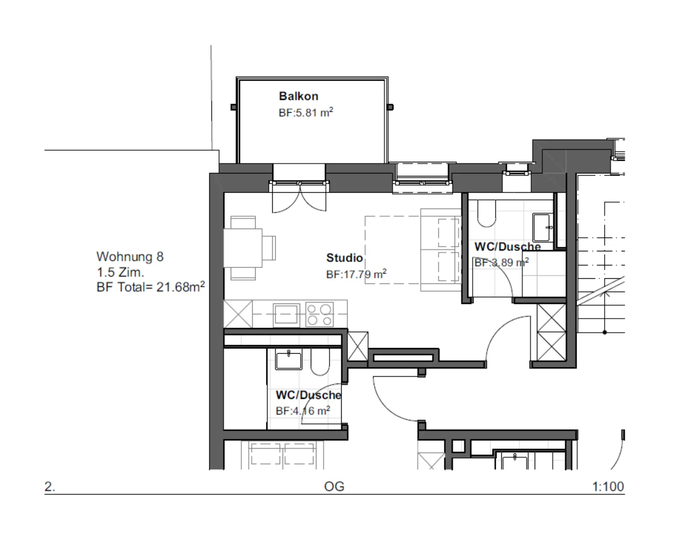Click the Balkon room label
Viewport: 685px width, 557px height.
pyautogui.click(x=298, y=96)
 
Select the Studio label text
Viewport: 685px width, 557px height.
pyautogui.click(x=345, y=258)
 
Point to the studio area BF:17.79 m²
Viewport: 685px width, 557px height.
pyautogui.click(x=356, y=274)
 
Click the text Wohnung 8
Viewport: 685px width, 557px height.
pyautogui.click(x=130, y=256)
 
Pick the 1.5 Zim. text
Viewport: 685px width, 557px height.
pyautogui.click(x=120, y=272)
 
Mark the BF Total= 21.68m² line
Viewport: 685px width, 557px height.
pyautogui.click(x=151, y=286)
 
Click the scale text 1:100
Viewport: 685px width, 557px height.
pyautogui.click(x=608, y=486)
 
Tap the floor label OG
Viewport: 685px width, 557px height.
pyautogui.click(x=334, y=486)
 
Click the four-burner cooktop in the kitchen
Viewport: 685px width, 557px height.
pyautogui.click(x=319, y=315)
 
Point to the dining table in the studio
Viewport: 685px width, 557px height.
pyautogui.click(x=243, y=247)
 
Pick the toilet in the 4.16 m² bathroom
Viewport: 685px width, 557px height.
pyautogui.click(x=320, y=362)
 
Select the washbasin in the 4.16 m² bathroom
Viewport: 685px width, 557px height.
pyautogui.click(x=289, y=360)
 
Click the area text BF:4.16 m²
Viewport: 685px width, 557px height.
pyautogui.click(x=303, y=411)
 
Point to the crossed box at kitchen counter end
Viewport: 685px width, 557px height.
pyautogui.click(x=238, y=314)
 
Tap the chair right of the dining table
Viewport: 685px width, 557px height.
pyautogui.click(x=269, y=248)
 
